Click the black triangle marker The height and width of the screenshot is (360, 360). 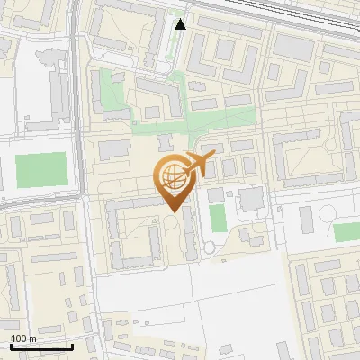181,24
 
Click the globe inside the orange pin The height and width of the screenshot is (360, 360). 170,176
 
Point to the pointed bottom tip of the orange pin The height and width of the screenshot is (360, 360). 171,211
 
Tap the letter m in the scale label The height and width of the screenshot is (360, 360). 33,338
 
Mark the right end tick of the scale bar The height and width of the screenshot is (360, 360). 72,346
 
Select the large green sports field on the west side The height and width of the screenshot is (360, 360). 41,170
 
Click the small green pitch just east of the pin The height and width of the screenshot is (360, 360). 217,218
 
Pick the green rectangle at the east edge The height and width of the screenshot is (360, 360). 346,231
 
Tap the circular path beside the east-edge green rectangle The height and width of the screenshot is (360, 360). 328,214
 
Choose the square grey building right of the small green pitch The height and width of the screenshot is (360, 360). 251,199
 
